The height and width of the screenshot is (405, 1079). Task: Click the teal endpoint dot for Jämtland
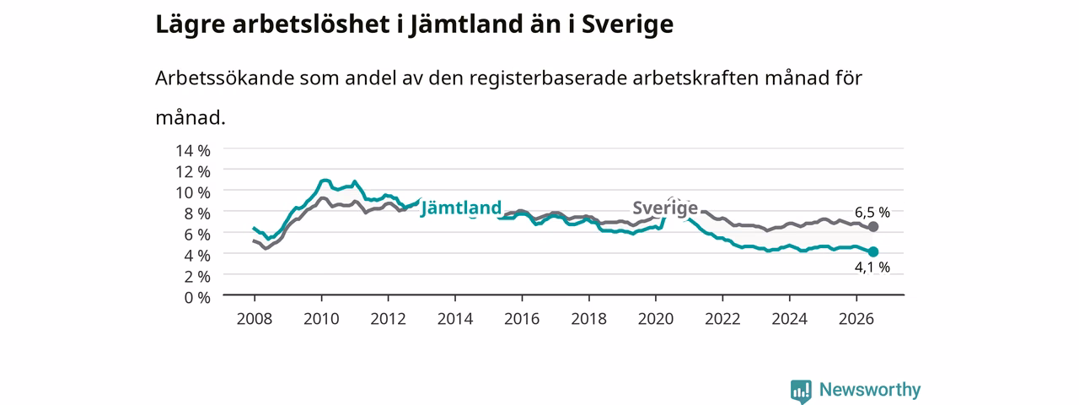[x=872, y=251]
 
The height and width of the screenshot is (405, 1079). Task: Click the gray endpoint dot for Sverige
[x=872, y=227]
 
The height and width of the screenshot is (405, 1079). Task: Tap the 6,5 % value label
[x=872, y=212]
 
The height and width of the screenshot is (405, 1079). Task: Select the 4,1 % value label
[x=872, y=267]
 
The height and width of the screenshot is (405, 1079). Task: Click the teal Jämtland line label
[x=461, y=208]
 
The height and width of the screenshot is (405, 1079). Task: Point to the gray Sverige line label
[x=665, y=208]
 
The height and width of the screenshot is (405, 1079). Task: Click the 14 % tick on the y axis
[x=193, y=150]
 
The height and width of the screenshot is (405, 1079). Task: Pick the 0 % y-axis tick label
[x=197, y=298]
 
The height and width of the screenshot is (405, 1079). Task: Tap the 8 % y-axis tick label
[x=197, y=213]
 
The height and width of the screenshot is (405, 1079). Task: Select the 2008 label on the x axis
[x=255, y=319]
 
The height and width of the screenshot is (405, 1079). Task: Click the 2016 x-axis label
[x=522, y=319]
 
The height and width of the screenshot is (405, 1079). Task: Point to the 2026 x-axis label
[x=856, y=319]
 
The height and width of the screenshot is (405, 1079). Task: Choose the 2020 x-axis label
[x=656, y=319]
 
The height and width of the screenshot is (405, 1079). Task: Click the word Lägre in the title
[x=191, y=25]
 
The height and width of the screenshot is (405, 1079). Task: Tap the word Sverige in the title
[x=627, y=25]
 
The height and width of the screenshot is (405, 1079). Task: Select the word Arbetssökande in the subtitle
[x=224, y=78]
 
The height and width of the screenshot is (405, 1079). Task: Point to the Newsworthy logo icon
[x=801, y=391]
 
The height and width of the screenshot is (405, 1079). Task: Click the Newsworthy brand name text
[x=870, y=390]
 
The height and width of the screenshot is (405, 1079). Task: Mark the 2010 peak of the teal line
[x=325, y=181]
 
